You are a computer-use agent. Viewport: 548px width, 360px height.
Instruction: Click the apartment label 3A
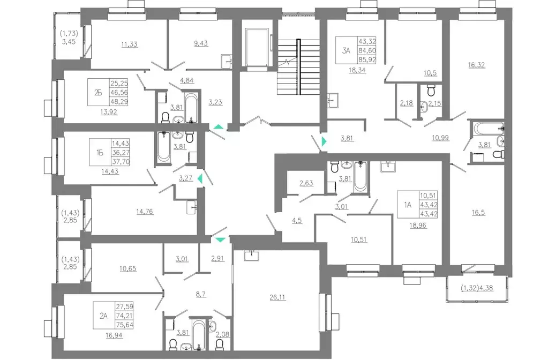[x=346, y=51]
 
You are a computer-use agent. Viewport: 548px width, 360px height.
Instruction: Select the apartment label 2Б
[x=98, y=93]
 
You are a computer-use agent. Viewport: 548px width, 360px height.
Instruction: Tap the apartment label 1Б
[x=100, y=153]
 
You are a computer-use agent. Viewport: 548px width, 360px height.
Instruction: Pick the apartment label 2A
[x=103, y=316]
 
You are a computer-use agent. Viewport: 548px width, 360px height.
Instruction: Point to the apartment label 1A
[x=408, y=205]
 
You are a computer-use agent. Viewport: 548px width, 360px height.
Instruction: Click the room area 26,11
[x=277, y=297]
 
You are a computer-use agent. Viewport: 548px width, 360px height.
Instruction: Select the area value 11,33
[x=129, y=44]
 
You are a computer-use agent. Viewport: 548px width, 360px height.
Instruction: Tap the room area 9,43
[x=200, y=44]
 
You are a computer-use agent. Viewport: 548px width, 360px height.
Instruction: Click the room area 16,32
[x=477, y=65]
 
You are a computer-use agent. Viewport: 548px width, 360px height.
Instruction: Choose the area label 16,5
[x=478, y=213]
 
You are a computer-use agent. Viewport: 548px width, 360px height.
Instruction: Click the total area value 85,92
[x=367, y=60]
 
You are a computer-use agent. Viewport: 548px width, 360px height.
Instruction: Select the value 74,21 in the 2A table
[x=124, y=316]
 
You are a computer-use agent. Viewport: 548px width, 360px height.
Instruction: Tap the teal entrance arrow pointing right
[x=324, y=141]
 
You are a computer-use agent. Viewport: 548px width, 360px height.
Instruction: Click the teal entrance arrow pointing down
[x=220, y=240]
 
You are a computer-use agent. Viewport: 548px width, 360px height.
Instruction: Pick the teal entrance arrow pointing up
[x=218, y=127]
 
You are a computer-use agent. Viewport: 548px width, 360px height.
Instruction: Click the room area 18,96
[x=418, y=226]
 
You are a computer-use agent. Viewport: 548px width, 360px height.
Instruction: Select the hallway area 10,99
[x=440, y=138]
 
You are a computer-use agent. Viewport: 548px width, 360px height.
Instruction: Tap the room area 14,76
[x=145, y=212]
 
